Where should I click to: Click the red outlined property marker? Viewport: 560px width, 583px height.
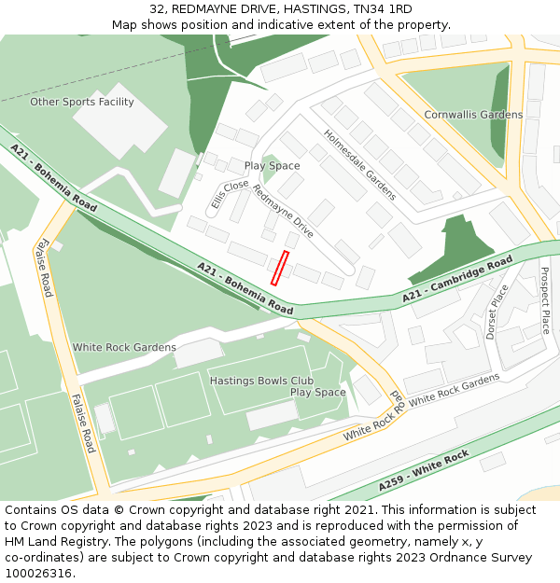point(280,267)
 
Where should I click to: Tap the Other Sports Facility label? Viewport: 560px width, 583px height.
point(82,102)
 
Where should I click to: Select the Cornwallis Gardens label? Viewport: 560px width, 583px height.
point(473,115)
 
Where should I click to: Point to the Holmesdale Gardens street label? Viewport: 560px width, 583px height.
point(359,165)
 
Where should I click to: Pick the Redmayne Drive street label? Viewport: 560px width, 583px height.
point(283,210)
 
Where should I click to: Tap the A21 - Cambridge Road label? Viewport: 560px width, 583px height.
point(457,278)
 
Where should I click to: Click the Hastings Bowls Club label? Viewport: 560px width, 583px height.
point(261,381)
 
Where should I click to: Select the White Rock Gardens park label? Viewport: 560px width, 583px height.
point(124,348)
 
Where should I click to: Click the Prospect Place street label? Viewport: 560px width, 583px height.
point(545,301)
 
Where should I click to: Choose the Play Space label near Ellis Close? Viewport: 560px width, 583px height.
point(273,166)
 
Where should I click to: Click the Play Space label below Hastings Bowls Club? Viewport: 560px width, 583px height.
point(317,393)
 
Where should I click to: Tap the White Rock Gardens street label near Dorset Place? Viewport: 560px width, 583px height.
point(455,389)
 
